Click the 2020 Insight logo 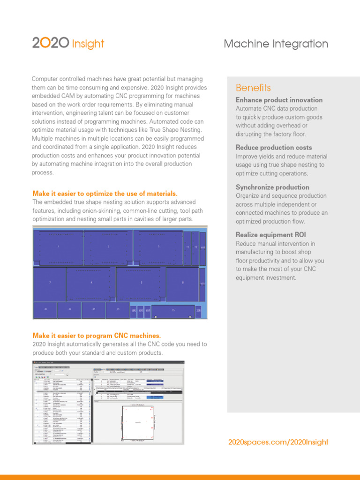(x=68, y=44)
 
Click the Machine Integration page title (x=276, y=44)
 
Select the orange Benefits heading (x=253, y=88)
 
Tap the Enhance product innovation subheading (x=279, y=100)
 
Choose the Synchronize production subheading (x=272, y=187)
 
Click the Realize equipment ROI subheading (x=271, y=235)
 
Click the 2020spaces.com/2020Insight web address (x=278, y=442)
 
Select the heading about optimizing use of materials (x=105, y=194)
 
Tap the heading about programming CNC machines (x=97, y=336)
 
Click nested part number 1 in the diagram (x=58, y=247)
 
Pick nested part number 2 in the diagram (x=108, y=247)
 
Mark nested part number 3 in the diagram (x=158, y=247)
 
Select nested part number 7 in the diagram (x=50, y=283)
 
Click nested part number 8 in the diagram (x=183, y=283)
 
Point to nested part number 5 (x=141, y=283)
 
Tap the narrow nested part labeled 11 (x=187, y=247)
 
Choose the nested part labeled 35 (x=173, y=310)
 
